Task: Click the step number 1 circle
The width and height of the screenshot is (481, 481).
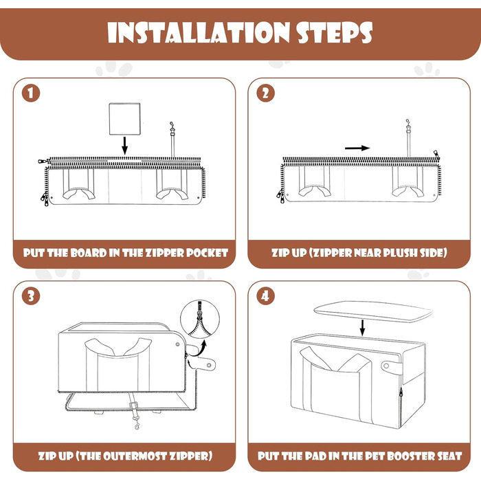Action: (31, 93)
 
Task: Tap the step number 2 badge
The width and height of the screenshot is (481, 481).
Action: (266, 93)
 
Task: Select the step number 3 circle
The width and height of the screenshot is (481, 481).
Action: (31, 296)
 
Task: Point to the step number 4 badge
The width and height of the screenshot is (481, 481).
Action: (266, 296)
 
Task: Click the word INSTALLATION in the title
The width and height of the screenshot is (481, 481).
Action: (199, 32)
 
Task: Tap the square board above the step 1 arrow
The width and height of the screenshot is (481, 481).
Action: (125, 119)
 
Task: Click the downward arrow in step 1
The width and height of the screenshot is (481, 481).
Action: (124, 146)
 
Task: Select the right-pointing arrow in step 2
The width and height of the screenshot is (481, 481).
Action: (357, 148)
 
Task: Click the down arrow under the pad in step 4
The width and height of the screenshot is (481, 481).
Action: (362, 328)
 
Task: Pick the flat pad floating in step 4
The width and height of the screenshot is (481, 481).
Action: (373, 311)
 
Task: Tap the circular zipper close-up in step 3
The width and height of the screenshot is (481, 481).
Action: (200, 320)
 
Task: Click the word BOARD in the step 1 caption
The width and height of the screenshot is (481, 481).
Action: (89, 253)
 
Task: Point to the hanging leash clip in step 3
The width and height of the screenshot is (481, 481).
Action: (135, 414)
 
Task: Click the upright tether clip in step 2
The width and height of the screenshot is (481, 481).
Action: (408, 138)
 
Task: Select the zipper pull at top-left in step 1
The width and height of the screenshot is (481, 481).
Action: (43, 161)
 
